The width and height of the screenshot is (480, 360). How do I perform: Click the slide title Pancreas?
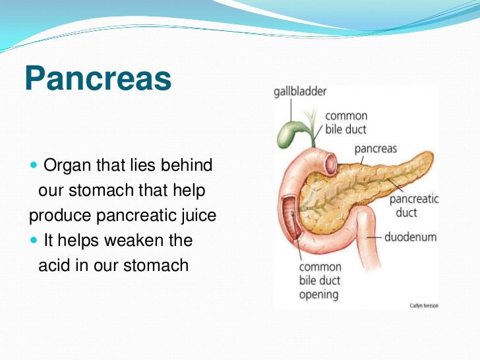[x=98, y=80]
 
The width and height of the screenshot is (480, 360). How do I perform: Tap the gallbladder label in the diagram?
[x=300, y=92]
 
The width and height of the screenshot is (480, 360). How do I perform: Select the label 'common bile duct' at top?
[x=345, y=122]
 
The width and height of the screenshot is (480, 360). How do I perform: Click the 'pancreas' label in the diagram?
[x=375, y=148]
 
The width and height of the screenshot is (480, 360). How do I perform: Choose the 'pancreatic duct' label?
[x=414, y=206]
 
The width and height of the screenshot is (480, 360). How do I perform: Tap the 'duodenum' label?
[x=411, y=236]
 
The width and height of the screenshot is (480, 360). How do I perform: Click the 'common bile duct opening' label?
[x=320, y=280]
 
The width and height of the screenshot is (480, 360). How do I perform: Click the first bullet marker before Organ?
[x=34, y=165]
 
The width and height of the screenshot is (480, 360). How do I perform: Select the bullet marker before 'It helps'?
[x=34, y=241]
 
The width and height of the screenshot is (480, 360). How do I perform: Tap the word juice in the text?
[x=198, y=216]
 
